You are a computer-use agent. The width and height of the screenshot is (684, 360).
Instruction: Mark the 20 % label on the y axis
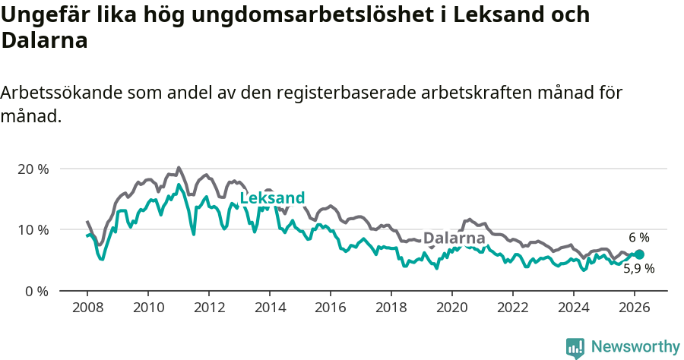[33, 169]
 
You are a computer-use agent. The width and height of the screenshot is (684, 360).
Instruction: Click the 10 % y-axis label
[33, 229]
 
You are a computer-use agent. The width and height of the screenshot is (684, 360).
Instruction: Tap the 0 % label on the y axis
[36, 291]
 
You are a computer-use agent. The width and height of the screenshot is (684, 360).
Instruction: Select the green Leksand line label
[272, 199]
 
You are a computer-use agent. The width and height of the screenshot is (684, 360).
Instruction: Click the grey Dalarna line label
[454, 238]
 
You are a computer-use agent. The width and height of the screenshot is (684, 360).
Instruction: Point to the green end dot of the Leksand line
[639, 254]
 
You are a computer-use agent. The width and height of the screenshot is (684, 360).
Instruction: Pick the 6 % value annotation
[638, 238]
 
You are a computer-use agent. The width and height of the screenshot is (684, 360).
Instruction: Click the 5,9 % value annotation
[638, 268]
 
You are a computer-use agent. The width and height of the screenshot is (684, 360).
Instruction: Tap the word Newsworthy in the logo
[635, 347]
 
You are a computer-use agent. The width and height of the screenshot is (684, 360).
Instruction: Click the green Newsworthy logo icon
[575, 348]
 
